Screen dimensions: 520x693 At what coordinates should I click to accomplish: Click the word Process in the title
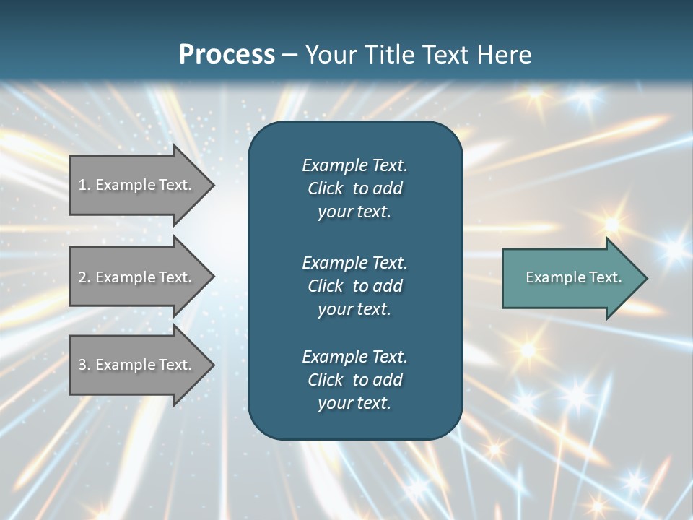tap(227, 54)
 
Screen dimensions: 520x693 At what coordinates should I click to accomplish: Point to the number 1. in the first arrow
tap(84, 185)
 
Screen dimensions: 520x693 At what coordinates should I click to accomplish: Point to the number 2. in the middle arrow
tap(84, 277)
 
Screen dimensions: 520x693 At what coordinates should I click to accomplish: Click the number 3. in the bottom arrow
tap(84, 365)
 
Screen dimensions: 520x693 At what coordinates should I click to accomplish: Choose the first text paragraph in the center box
tap(354, 188)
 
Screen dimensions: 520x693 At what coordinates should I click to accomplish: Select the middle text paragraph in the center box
tap(354, 285)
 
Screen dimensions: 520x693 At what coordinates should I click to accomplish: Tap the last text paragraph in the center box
tap(354, 380)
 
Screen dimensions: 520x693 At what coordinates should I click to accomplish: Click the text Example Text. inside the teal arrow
tap(573, 277)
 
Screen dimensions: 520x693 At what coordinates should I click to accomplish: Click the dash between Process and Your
tap(289, 55)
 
